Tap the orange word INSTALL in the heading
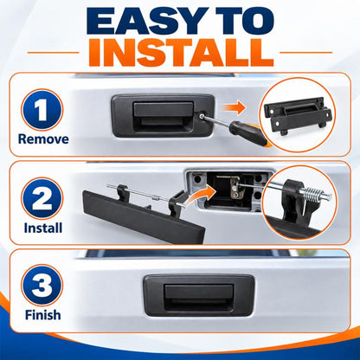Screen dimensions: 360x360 (181, 53)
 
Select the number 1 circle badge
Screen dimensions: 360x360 (42, 110)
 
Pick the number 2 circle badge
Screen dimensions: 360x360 (42, 198)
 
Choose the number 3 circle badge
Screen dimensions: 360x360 (42, 286)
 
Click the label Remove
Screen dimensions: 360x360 (43, 139)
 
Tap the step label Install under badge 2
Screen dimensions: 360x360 (43, 228)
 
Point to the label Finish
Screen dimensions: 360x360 (43, 315)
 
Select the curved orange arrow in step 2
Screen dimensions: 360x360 (199, 194)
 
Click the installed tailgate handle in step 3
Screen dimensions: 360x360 (199, 296)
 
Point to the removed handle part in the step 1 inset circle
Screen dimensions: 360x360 (299, 115)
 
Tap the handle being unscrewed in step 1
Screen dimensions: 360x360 (163, 115)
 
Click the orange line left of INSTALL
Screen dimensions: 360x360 (53, 53)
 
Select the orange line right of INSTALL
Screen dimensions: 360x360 (306, 53)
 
